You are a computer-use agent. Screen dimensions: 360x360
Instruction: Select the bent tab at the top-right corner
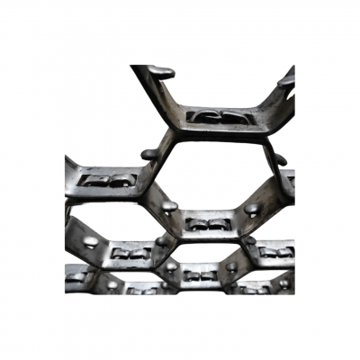point(287,77)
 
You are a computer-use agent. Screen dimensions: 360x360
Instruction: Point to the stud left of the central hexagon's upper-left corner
point(149,154)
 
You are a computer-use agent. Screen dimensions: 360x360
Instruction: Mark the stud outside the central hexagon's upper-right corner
point(280,161)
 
